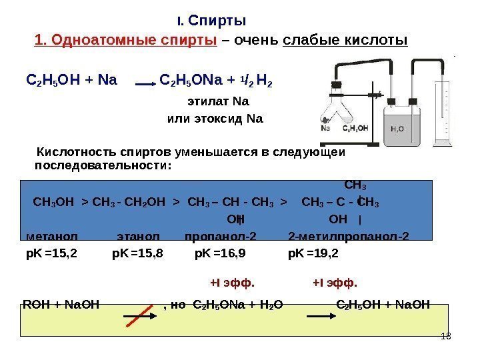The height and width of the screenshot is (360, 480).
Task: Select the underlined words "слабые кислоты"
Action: pos(345,41)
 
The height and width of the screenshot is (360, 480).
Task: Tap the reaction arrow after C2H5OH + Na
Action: pos(145,85)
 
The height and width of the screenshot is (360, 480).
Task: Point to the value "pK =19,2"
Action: pos(313,253)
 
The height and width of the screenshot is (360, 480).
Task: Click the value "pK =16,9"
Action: pos(220,253)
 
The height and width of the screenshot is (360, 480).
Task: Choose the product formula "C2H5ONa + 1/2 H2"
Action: pos(217,83)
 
